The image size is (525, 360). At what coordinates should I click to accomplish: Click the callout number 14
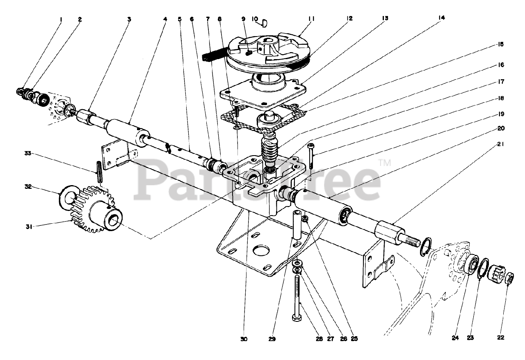[441, 18]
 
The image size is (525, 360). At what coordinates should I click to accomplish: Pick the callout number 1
[61, 18]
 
